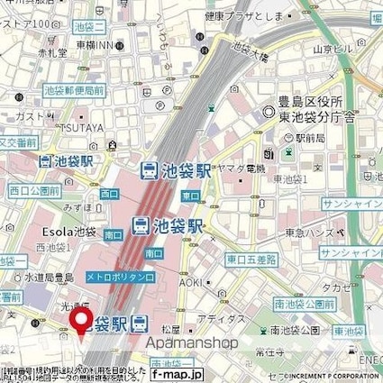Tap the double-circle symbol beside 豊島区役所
pos(267,114)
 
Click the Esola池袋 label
pos(61,230)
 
